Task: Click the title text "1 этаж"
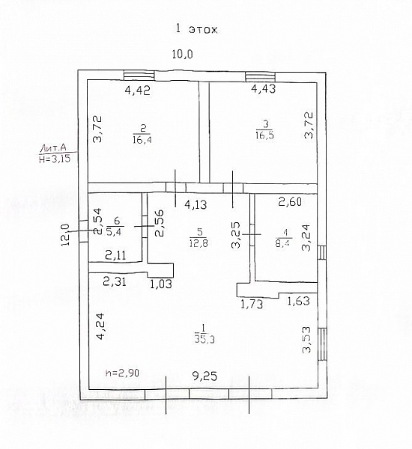196,29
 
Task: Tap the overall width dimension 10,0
182,54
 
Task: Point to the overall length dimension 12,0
66,234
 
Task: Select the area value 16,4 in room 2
142,140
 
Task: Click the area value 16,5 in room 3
264,135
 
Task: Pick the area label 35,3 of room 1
205,339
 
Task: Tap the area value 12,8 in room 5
199,243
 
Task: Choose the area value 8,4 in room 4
282,245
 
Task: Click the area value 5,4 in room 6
114,231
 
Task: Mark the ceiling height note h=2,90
122,373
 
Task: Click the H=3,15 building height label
55,159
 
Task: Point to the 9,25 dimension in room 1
205,376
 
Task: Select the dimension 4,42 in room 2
138,91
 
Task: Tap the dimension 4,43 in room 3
264,88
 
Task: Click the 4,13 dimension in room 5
196,204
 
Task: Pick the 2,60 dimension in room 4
290,201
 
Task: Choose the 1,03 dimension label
161,284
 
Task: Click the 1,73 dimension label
252,304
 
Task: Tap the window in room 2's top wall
139,76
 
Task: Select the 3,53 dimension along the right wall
307,340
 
